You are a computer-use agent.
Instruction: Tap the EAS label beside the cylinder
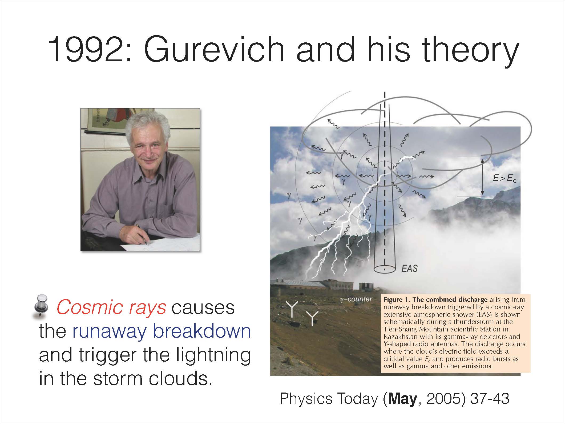click(x=409, y=268)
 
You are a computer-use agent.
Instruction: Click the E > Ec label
click(x=505, y=179)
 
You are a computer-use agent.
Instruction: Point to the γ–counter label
click(x=356, y=299)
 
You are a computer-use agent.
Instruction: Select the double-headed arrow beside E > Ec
click(x=482, y=177)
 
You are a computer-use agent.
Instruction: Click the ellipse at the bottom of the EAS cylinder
click(x=384, y=269)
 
